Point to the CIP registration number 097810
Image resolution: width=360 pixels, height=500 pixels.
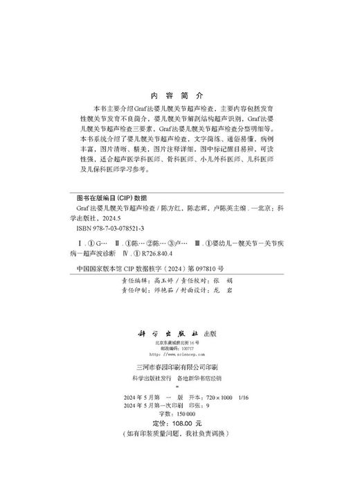(225, 265)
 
